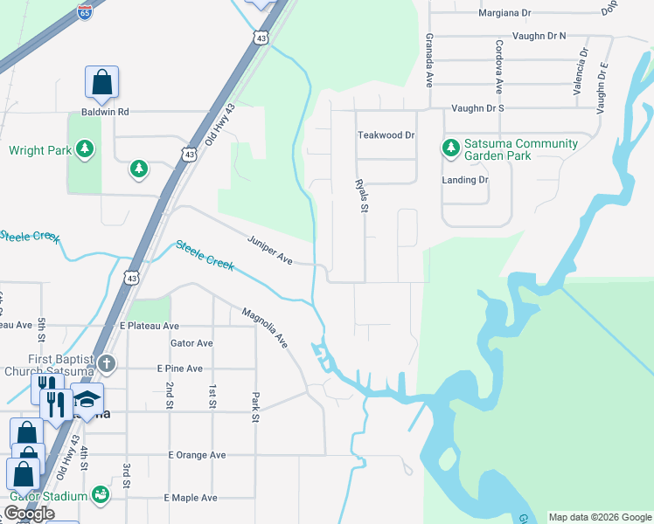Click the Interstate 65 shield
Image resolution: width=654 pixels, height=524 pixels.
(84, 12)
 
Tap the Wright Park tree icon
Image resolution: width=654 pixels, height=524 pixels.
(85, 150)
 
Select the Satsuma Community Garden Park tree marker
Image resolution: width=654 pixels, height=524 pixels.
(451, 148)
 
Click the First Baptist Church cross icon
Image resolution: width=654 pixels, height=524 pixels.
(106, 363)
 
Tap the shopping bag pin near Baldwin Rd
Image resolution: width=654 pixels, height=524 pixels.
(101, 82)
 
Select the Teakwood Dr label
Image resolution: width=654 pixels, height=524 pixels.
(386, 135)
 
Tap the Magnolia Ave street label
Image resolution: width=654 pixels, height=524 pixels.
(265, 325)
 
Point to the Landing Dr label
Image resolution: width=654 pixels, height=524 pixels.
(465, 180)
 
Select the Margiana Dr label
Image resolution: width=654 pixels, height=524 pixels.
(504, 13)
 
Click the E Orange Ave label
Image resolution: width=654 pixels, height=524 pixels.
(197, 455)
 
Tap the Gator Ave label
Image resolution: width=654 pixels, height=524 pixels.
(191, 343)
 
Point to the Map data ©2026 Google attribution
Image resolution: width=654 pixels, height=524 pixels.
(600, 516)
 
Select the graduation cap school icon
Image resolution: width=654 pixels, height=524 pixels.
(87, 401)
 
